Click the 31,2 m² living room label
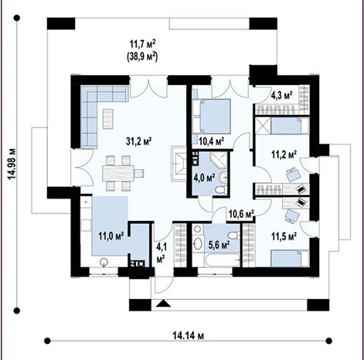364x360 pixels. coord(138,141)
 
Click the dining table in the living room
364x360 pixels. coord(119,168)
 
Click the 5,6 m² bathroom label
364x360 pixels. coord(220,242)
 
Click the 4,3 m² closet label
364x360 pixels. coord(281,96)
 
